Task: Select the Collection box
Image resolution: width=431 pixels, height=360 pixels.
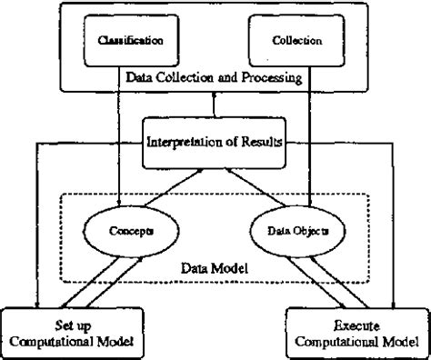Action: point(290,41)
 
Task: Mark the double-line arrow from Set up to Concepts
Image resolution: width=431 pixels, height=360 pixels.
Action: point(94,280)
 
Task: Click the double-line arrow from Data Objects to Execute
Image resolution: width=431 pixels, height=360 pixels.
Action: point(327,280)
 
